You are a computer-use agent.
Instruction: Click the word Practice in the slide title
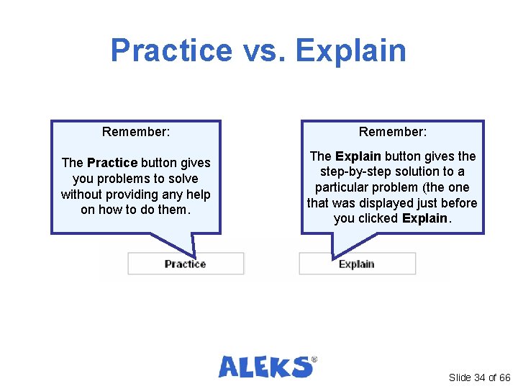tap(171, 50)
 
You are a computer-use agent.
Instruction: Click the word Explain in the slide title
tap(350, 50)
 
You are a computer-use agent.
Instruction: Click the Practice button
tap(186, 264)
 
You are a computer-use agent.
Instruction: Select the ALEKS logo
tap(265, 367)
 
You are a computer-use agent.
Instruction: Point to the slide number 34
tap(480, 377)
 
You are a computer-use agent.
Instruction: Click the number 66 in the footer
tap(504, 377)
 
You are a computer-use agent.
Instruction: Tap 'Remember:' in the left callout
tap(136, 132)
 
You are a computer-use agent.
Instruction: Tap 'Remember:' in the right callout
tap(393, 132)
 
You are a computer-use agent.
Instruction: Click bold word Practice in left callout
tap(112, 163)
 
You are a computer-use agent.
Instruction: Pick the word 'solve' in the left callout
tap(183, 179)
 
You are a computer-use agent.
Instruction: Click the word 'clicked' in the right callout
tap(377, 219)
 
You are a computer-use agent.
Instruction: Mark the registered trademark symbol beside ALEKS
tap(314, 358)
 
